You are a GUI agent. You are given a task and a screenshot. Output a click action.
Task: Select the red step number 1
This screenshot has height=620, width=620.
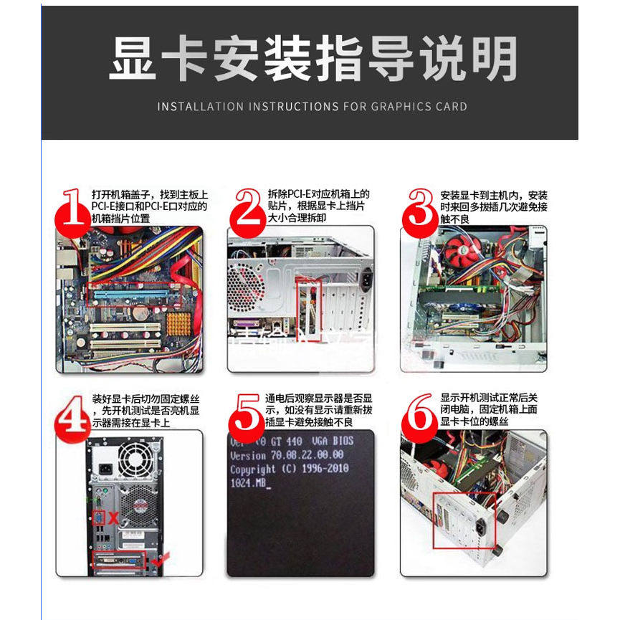(x=72, y=213)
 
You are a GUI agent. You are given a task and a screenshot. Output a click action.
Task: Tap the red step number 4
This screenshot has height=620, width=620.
(x=72, y=414)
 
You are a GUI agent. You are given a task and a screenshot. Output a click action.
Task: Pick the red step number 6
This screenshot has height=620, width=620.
(x=419, y=414)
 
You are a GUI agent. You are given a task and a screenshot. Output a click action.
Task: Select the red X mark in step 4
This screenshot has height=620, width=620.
(x=113, y=517)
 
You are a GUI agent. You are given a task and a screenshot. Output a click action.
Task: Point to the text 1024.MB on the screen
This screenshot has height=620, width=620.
(x=249, y=485)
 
